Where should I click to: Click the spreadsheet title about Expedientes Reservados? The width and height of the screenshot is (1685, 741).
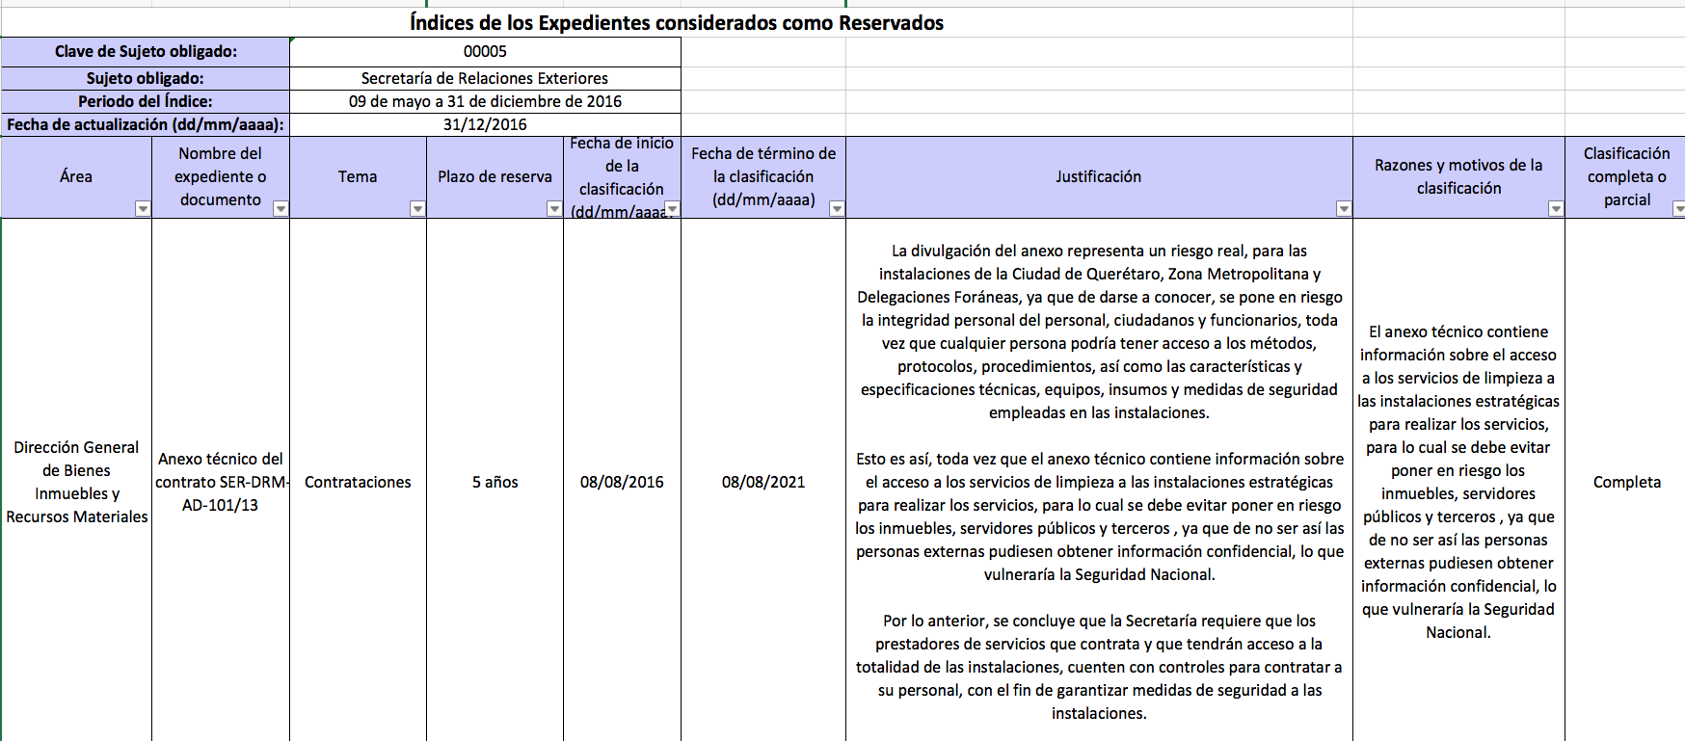[x=677, y=23]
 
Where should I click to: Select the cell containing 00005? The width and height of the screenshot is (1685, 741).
[x=485, y=52]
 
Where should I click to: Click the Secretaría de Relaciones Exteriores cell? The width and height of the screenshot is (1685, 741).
[x=485, y=78]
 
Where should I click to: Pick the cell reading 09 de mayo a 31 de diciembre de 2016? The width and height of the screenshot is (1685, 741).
[x=485, y=101]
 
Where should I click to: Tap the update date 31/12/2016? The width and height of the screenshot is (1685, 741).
[x=485, y=124]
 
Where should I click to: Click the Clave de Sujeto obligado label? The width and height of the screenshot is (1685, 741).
[x=146, y=52]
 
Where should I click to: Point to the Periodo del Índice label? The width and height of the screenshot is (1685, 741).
[x=146, y=101]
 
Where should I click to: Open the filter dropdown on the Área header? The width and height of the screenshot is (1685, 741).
[x=143, y=208]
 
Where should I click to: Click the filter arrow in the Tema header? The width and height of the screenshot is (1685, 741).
[x=417, y=208]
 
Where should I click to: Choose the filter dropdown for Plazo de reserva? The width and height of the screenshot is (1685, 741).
[x=554, y=208]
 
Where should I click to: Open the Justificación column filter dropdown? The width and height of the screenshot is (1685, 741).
[x=1344, y=208]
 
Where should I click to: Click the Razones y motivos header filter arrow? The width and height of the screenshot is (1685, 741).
[x=1556, y=208]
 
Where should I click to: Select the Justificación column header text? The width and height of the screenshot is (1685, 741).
[x=1098, y=176]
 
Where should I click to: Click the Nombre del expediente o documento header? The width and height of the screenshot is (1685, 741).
[x=221, y=176]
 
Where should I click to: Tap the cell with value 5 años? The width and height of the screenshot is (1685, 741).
[x=495, y=482]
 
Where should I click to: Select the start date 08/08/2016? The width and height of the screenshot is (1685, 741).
[x=622, y=482]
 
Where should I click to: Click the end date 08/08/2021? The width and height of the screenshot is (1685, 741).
[x=763, y=482]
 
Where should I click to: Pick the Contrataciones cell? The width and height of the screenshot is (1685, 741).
[x=358, y=482]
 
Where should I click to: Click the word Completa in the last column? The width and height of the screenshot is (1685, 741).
[x=1626, y=482]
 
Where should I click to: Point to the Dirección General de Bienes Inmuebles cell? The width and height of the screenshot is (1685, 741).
[x=77, y=482]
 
